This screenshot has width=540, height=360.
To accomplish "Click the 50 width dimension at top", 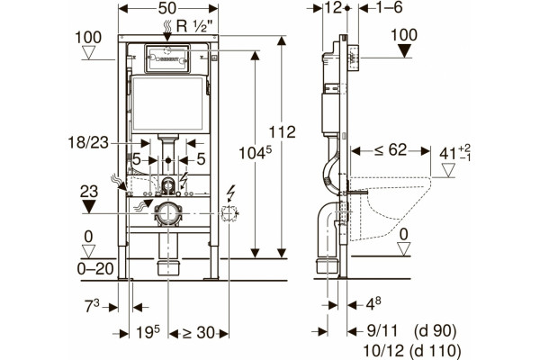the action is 167,8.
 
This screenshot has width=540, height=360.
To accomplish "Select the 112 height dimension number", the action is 282,132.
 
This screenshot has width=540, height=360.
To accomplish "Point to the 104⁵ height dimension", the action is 256,153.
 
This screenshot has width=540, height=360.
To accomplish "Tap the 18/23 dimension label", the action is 88,142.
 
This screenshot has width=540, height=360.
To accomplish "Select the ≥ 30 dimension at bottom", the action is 199,333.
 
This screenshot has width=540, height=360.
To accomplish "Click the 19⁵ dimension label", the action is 148,332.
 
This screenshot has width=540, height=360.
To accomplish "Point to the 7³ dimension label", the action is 92,306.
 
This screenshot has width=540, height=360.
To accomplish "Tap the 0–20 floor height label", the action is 95,269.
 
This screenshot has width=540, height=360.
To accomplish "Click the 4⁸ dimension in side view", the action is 373,304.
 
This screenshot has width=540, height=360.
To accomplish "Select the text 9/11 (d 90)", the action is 411,331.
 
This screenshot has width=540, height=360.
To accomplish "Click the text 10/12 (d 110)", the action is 412,351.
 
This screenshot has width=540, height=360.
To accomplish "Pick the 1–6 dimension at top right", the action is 389,7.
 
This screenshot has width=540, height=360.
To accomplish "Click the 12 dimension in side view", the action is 333,7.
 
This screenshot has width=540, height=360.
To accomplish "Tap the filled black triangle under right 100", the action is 404,51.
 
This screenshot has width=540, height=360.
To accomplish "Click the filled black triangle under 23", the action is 89,207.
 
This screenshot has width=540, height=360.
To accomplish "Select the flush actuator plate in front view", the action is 167,58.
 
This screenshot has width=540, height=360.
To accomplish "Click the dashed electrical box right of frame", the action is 229,213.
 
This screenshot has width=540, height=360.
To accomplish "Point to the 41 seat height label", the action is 454,153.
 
